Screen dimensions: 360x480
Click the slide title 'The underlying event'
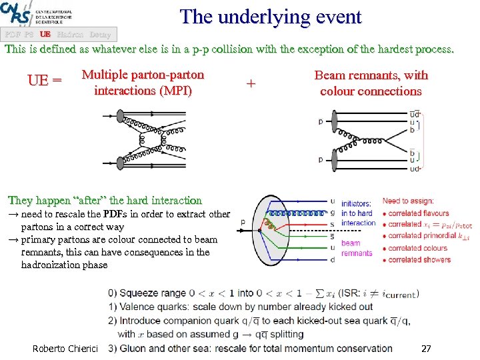(271, 17)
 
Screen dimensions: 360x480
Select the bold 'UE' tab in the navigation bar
(45, 35)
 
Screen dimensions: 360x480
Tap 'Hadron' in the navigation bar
(70, 35)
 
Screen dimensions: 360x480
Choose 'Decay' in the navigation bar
(100, 35)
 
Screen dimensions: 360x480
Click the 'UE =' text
(45, 81)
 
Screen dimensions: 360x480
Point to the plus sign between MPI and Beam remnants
(251, 84)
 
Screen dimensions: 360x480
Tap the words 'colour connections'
(371, 91)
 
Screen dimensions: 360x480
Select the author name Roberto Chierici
(65, 348)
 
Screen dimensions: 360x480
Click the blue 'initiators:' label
(356, 203)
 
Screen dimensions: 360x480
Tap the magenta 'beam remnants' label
(357, 248)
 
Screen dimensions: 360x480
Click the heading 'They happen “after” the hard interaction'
(105, 200)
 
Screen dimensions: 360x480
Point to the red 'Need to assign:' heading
(407, 201)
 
